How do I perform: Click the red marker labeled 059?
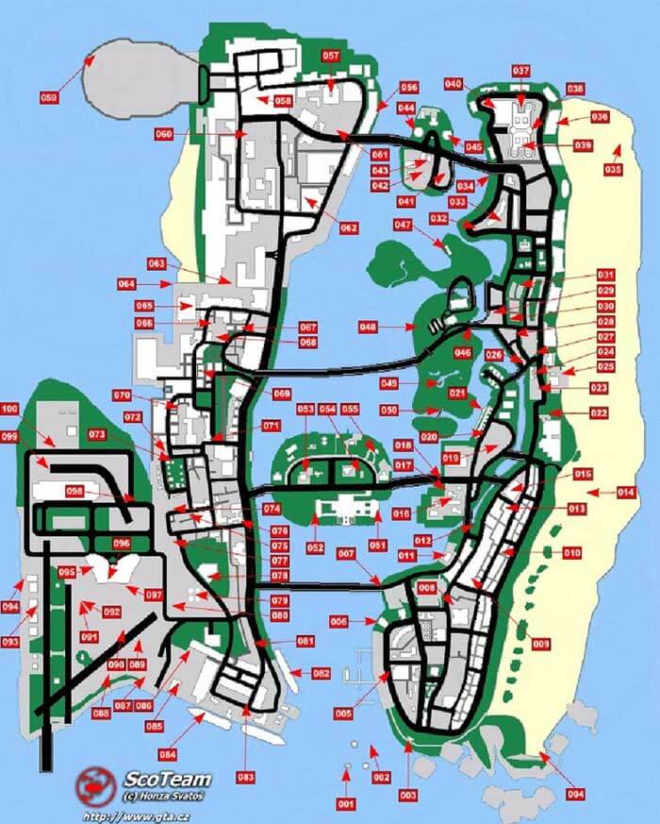49,96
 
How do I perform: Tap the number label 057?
331,56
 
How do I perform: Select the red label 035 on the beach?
613,170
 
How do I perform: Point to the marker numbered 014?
626,493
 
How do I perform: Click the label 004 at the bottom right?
576,794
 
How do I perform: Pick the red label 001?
345,803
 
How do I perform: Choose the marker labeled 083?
246,777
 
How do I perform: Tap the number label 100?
9,409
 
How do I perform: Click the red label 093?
10,642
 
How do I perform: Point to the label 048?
368,327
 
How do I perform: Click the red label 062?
349,227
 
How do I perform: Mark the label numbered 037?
521,71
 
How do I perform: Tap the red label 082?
322,673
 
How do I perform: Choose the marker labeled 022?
599,413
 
